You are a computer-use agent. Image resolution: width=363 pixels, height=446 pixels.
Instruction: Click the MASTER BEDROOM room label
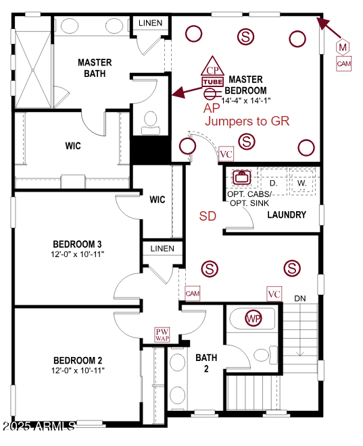[x=246, y=84]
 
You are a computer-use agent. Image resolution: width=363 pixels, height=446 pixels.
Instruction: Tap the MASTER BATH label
[x=95, y=67]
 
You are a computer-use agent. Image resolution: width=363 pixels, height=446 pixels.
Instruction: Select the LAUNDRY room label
[x=287, y=215]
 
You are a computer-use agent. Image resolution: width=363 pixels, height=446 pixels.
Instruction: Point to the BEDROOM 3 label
[x=76, y=244]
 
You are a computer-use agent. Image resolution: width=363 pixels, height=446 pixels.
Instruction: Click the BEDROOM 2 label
[x=76, y=360]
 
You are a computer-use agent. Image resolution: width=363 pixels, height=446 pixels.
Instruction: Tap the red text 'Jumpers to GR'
[x=247, y=121]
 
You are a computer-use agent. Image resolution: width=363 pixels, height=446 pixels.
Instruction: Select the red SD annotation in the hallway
[x=208, y=216]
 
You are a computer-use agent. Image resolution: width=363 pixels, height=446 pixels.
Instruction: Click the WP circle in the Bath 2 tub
[x=253, y=318]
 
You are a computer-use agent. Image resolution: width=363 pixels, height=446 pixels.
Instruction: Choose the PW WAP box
[x=162, y=335]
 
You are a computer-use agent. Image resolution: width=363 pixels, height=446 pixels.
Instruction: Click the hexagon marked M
[x=343, y=47]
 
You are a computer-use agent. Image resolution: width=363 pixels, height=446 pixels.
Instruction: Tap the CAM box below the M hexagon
[x=343, y=63]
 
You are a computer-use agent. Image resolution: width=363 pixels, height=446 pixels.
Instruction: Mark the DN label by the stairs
[x=299, y=298]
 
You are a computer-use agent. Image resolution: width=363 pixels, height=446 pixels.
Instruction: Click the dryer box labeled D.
[x=273, y=183]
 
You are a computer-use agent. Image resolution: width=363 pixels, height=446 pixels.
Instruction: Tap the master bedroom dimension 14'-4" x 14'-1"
[x=246, y=100]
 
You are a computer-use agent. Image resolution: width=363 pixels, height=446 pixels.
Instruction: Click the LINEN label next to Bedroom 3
[x=162, y=248]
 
